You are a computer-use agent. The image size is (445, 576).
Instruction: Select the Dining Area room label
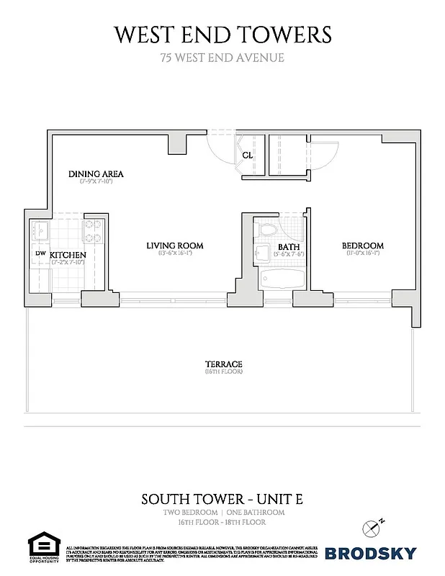pos(96,174)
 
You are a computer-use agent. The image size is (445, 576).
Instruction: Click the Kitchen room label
pos(68,255)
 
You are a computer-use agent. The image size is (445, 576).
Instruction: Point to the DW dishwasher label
pos(40,253)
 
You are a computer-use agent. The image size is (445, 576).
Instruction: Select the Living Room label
pos(175,246)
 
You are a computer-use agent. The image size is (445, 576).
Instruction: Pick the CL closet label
pos(247,155)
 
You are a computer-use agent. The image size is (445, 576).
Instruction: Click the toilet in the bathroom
pos(267,230)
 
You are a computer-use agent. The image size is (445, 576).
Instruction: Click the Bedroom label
pos(362,246)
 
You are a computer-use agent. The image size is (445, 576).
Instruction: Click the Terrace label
pos(222,364)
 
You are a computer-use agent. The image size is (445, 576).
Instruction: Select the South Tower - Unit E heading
pos(222,498)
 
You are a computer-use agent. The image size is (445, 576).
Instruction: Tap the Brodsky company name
pos(371,553)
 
